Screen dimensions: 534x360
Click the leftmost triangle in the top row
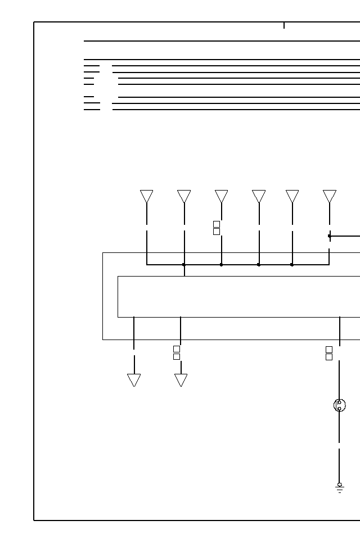[x=147, y=196]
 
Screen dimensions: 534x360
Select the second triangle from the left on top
[x=184, y=196]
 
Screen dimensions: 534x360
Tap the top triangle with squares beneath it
[x=222, y=196]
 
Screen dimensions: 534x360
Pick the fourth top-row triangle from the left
[x=259, y=196]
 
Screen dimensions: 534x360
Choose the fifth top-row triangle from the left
[x=292, y=196]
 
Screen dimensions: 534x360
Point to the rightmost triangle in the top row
[x=330, y=196]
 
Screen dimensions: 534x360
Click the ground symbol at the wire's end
[x=339, y=487]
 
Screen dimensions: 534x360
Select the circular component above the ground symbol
[x=339, y=405]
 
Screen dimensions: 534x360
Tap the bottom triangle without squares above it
[x=134, y=380]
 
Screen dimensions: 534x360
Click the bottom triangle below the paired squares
[x=181, y=380]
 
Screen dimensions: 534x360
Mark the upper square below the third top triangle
[x=217, y=224]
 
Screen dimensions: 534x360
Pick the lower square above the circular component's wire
[x=329, y=357]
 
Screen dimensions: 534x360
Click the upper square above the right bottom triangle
[x=177, y=349]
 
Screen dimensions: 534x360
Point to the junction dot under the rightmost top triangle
[x=330, y=236]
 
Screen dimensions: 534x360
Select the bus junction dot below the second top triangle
[x=184, y=264]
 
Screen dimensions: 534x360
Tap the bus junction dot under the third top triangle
[x=222, y=264]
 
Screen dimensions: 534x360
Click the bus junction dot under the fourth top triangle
[x=259, y=264]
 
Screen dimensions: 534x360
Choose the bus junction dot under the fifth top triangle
[x=292, y=264]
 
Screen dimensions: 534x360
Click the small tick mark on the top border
[x=284, y=25]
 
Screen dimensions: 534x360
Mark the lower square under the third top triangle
[x=217, y=232]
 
